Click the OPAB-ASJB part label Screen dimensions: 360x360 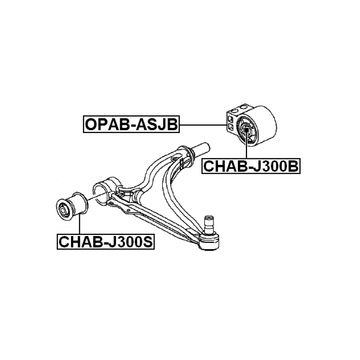(131, 125)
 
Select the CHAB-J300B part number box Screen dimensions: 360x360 (251, 166)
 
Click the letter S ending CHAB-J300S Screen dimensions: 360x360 (148, 242)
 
